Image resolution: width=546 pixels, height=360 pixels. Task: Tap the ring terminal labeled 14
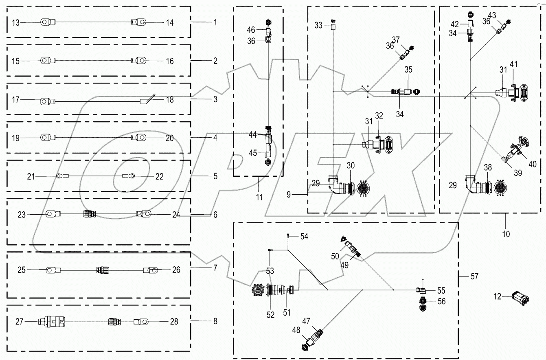[x=139, y=22]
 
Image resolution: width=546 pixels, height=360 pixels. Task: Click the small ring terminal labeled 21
[x=60, y=176]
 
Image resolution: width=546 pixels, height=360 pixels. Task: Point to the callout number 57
[x=474, y=277]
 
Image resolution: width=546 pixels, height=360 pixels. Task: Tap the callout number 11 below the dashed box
[x=259, y=198]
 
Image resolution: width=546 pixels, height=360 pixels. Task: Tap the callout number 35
[x=408, y=70]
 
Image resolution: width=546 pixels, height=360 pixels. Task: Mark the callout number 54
[x=305, y=236]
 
